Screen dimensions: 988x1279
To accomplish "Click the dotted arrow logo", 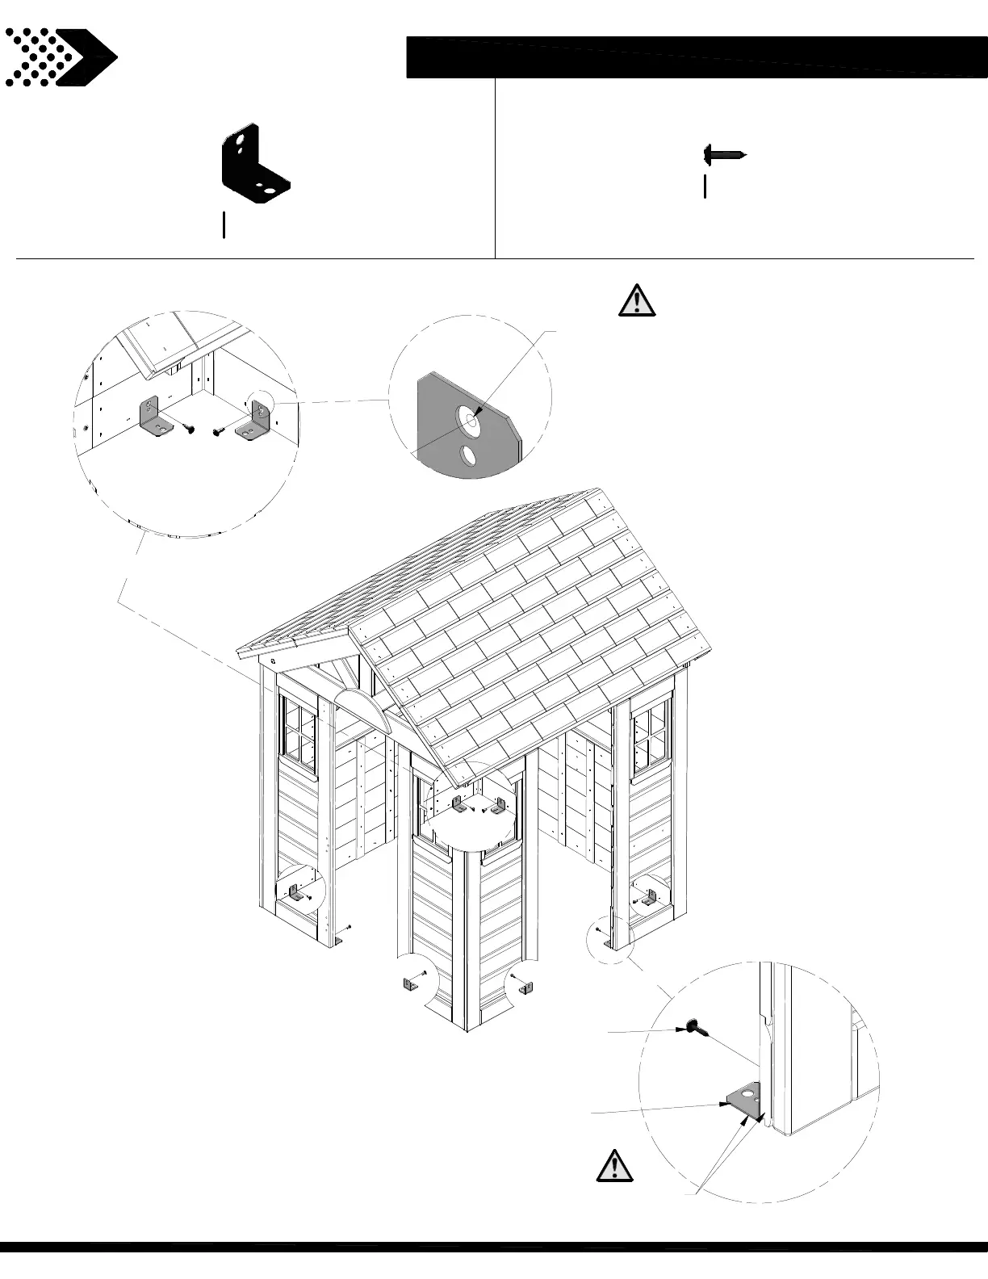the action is pyautogui.click(x=61, y=57).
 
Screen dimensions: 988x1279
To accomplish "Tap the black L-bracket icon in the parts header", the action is pyautogui.click(x=254, y=163).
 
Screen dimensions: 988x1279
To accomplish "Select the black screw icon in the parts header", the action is pyautogui.click(x=724, y=153).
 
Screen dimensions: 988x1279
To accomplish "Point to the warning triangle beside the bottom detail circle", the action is pyautogui.click(x=614, y=1166).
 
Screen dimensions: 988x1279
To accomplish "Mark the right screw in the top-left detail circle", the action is pyautogui.click(x=219, y=431).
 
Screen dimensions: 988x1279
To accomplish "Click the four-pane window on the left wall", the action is pyautogui.click(x=299, y=732).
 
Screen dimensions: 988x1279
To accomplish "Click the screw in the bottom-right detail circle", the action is pyautogui.click(x=694, y=1027).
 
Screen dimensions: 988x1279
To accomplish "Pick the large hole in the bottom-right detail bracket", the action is pyautogui.click(x=751, y=1096).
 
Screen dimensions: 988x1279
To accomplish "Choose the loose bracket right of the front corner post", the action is pyautogui.click(x=526, y=988).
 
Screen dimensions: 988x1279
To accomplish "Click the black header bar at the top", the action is pyautogui.click(x=696, y=57).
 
